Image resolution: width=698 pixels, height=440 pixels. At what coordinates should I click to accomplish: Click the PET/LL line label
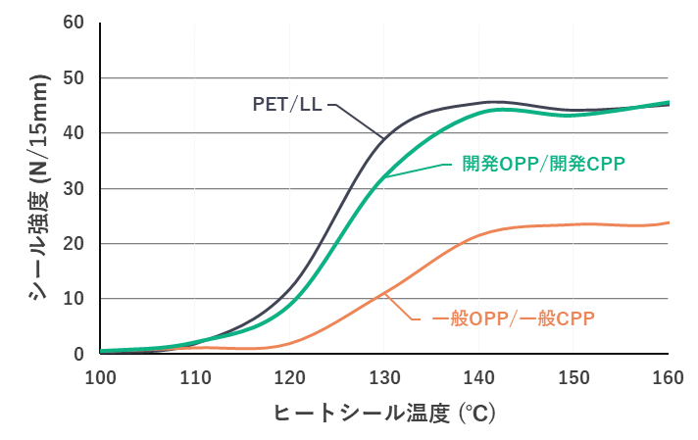pyautogui.click(x=287, y=103)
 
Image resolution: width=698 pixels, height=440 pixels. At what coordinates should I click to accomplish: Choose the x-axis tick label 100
pyautogui.click(x=101, y=376)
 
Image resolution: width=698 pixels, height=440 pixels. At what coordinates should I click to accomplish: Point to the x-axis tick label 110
pyautogui.click(x=195, y=376)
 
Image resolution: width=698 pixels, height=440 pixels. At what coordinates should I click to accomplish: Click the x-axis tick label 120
pyautogui.click(x=290, y=376)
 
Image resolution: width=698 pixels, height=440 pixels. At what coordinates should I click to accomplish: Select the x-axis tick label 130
pyautogui.click(x=384, y=376)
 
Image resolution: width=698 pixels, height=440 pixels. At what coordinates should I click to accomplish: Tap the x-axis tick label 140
pyautogui.click(x=479, y=376)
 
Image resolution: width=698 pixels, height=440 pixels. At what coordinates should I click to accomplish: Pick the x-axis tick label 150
pyautogui.click(x=573, y=376)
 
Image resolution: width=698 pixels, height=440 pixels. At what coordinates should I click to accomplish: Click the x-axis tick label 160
pyautogui.click(x=668, y=376)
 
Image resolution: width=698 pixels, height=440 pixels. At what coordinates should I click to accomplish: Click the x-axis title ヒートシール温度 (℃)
pyautogui.click(x=384, y=414)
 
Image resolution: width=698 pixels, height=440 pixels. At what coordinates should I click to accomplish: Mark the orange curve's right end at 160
pyautogui.click(x=669, y=222)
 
